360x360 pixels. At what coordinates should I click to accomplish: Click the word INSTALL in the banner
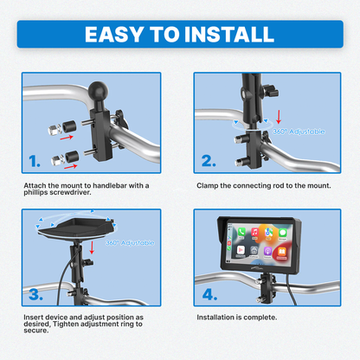(229, 35)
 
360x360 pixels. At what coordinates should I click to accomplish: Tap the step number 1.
(35, 161)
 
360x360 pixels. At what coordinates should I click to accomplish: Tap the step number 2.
(209, 161)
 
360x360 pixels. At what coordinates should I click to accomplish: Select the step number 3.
(35, 294)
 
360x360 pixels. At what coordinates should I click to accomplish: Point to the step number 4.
(209, 294)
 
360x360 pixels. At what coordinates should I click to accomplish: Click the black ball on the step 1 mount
(99, 91)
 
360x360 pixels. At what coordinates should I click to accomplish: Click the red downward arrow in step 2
(279, 116)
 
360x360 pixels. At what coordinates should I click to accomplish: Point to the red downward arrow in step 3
(92, 247)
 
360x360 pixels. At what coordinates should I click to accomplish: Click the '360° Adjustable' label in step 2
(299, 132)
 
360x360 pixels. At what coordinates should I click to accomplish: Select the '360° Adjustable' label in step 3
(130, 243)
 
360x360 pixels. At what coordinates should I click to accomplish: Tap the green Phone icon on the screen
(241, 232)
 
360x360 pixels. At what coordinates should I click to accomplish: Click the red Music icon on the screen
(255, 232)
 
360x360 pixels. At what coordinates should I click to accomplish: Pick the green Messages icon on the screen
(282, 233)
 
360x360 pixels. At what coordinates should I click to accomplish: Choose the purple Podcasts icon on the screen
(267, 251)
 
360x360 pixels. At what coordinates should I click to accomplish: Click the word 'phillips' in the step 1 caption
(35, 193)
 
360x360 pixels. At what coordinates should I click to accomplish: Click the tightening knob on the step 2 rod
(271, 91)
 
